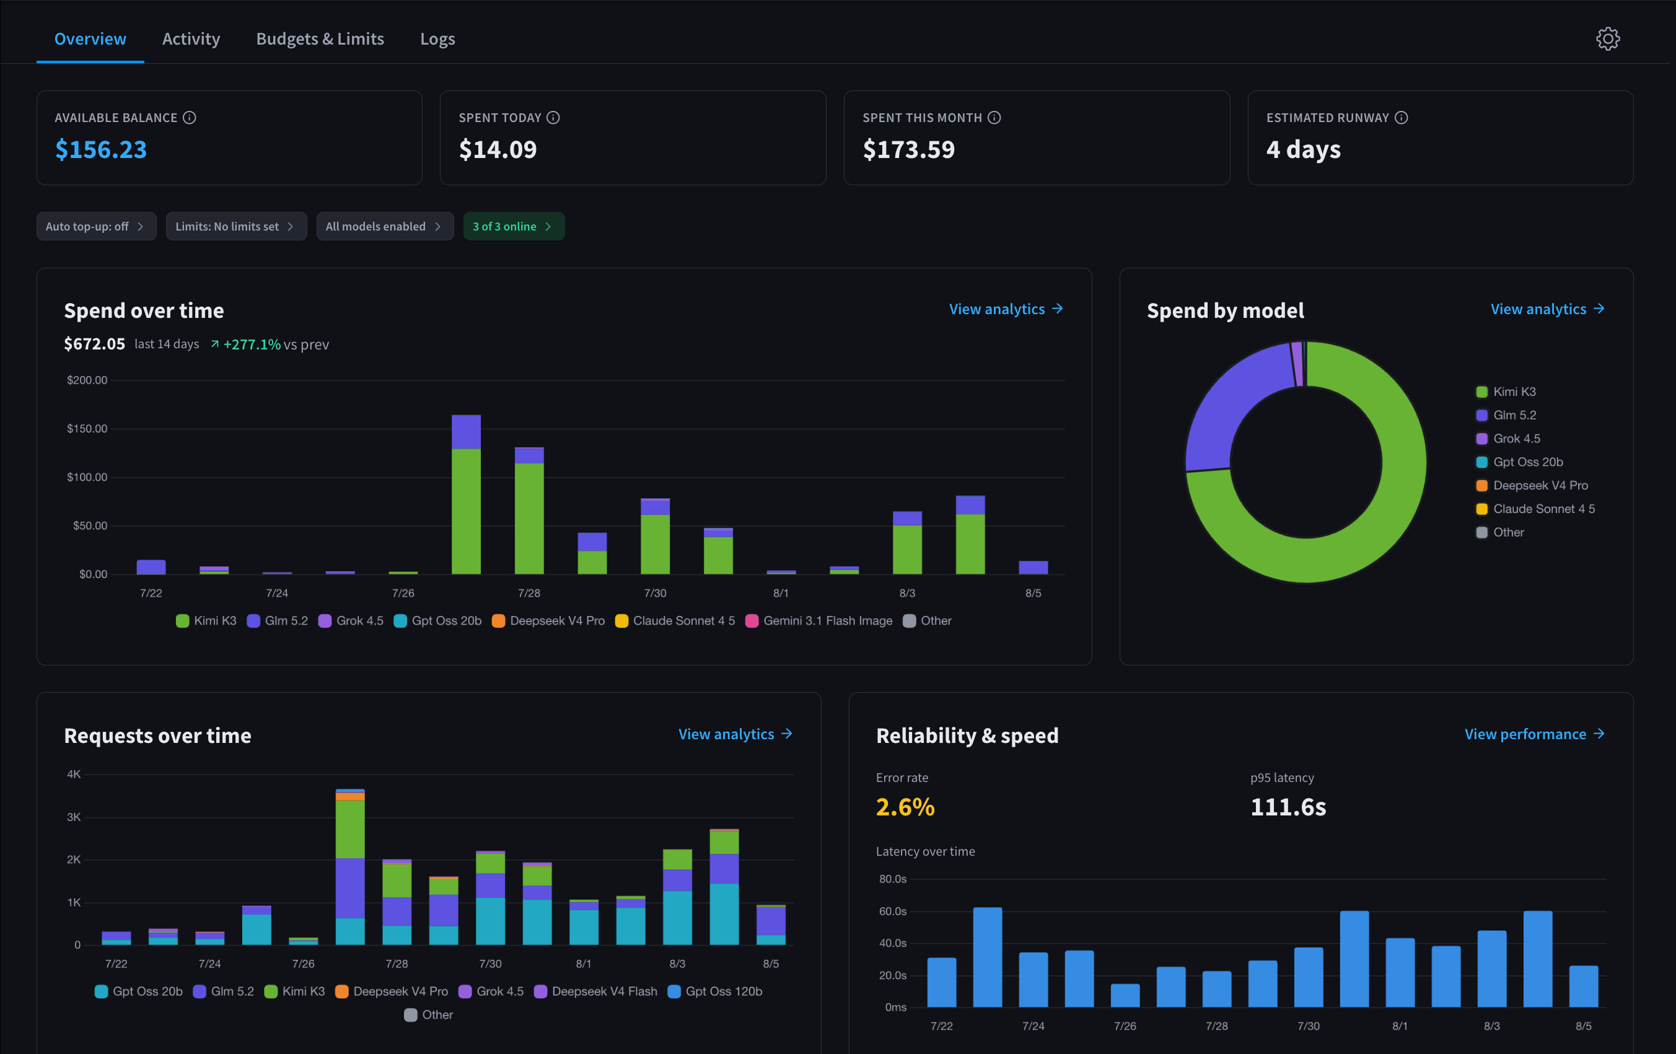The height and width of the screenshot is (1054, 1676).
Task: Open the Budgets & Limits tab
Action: coord(320,39)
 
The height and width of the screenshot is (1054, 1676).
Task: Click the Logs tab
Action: coord(437,39)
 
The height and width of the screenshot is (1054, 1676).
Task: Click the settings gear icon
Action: coord(1608,39)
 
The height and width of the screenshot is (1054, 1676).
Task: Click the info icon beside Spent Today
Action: coord(553,118)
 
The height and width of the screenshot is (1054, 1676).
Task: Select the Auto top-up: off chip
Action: coord(96,226)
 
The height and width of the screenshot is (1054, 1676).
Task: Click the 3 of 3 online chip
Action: coord(514,226)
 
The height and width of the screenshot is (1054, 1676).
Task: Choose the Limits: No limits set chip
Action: coord(236,226)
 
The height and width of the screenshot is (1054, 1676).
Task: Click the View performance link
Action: coord(1534,734)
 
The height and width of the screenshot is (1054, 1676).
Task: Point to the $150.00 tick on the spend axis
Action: coord(87,429)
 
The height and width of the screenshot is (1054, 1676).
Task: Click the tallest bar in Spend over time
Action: coord(467,495)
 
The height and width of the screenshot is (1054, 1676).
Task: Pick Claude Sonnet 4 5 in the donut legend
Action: coord(1535,509)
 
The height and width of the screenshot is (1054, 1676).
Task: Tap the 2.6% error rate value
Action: coord(905,807)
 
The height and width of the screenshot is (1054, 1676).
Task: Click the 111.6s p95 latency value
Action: coord(1288,807)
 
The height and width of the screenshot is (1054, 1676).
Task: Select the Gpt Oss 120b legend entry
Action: coord(715,991)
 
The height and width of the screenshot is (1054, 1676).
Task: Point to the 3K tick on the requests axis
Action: coord(74,817)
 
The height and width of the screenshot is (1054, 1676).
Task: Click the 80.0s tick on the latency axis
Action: coord(893,879)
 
